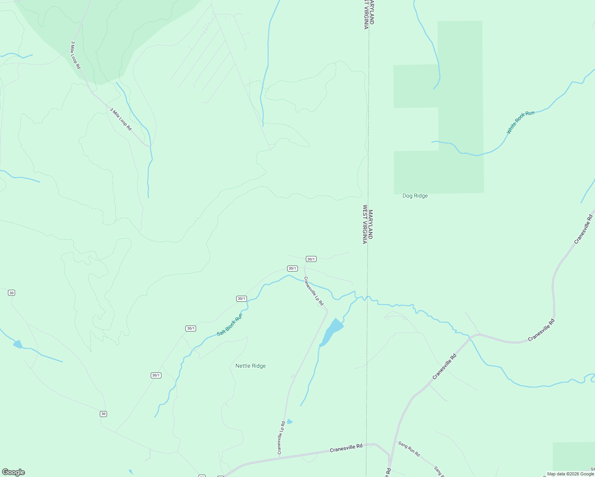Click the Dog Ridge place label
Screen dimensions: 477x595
415,196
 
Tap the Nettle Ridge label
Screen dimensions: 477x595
250,366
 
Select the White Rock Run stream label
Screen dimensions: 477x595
520,122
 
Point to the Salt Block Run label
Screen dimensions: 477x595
229,325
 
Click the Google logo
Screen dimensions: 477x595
14,472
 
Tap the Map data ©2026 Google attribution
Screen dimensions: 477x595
570,474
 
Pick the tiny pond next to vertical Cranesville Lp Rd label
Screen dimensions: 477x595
290,422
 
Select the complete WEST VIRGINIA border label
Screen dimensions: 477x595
364,224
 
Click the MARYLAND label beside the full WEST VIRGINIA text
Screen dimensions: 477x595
371,224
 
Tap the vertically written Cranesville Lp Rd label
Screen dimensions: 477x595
281,437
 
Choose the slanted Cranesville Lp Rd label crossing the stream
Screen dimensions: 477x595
313,291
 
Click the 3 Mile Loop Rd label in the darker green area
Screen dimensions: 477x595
76,55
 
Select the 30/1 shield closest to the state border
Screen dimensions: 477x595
311,259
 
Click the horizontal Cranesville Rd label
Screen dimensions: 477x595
346,448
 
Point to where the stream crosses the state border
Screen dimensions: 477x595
367,297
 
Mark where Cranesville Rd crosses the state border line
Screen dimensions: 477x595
367,444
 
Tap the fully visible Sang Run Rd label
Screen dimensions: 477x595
409,449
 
